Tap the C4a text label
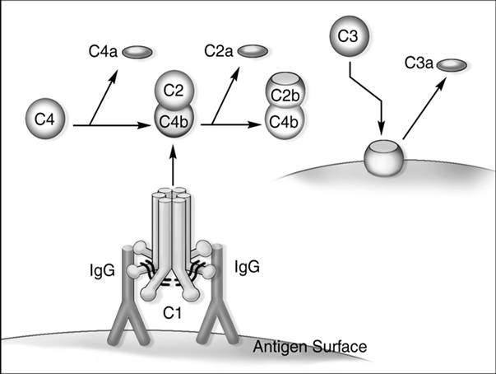point(102,53)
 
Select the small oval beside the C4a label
point(137,53)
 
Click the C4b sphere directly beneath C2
point(174,123)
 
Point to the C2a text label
point(217,53)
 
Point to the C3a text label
point(419,63)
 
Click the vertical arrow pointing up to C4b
point(174,165)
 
